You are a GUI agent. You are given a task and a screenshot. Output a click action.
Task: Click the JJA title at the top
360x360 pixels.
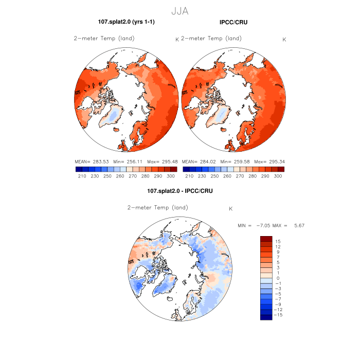(x=179, y=10)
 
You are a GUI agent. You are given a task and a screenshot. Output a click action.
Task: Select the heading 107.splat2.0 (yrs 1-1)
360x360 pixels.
(x=126, y=22)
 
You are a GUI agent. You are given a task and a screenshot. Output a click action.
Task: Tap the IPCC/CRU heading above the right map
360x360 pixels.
(x=232, y=22)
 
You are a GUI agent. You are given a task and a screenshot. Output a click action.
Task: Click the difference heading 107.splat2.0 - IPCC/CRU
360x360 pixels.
(x=180, y=191)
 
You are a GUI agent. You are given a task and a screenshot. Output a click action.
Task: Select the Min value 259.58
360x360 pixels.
(x=239, y=161)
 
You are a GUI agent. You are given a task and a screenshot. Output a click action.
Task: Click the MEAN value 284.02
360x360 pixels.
(x=208, y=161)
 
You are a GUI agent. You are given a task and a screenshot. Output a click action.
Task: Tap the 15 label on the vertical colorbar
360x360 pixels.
(x=277, y=241)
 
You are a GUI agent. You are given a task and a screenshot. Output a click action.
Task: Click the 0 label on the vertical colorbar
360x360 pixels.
(x=278, y=278)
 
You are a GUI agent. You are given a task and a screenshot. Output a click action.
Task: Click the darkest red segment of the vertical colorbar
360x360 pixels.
(x=266, y=239)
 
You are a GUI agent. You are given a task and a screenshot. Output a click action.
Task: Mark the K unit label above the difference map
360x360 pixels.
(x=231, y=208)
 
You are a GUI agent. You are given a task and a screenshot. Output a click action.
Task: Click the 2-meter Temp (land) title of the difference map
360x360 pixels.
(x=157, y=208)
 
